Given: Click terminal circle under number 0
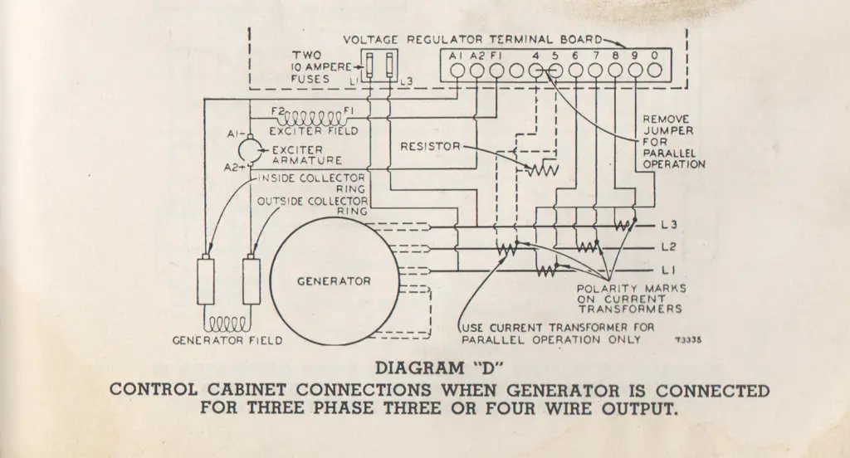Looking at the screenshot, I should coord(655,71).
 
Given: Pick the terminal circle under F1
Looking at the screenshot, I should coord(496,71).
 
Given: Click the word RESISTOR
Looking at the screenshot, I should coord(430,147).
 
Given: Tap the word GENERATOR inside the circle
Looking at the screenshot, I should coord(334,280).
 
